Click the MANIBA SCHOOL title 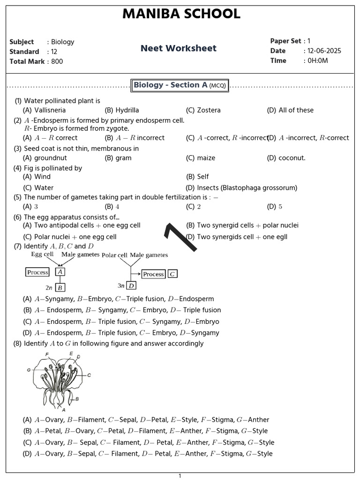pyautogui.click(x=181, y=15)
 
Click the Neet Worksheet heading pyautogui.click(x=179, y=48)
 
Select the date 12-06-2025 pyautogui.click(x=324, y=51)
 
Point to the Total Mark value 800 pyautogui.click(x=57, y=61)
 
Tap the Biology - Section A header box pyautogui.click(x=180, y=85)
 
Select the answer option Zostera pyautogui.click(x=209, y=110)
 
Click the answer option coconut pyautogui.click(x=292, y=158)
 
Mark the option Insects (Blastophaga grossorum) pyautogui.click(x=247, y=188)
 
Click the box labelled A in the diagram pyautogui.click(x=60, y=272)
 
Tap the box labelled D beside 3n pyautogui.click(x=132, y=285)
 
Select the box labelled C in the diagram pyautogui.click(x=172, y=274)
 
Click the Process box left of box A pyautogui.click(x=38, y=272)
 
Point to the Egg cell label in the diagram pyautogui.click(x=42, y=254)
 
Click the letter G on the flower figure pyautogui.click(x=29, y=370)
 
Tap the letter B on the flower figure pyautogui.click(x=77, y=399)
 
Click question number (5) pyautogui.click(x=18, y=197)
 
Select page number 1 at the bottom pyautogui.click(x=180, y=476)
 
